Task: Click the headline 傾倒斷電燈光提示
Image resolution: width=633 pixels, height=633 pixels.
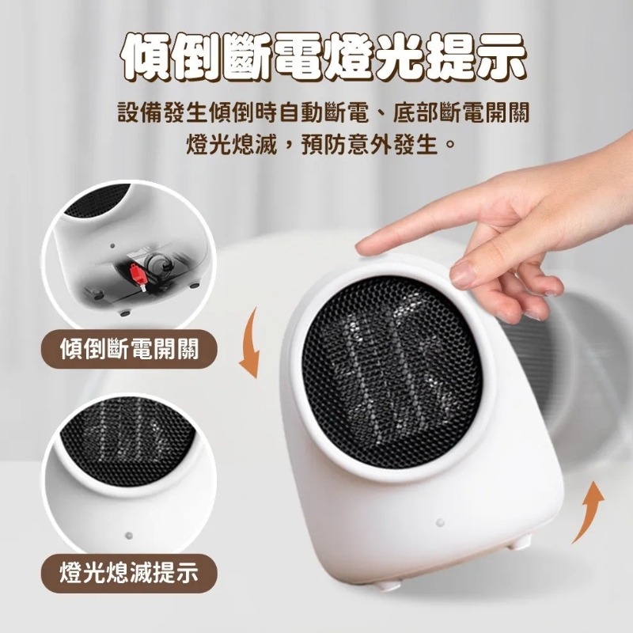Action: click(316, 57)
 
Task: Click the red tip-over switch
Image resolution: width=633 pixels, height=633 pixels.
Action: click(135, 273)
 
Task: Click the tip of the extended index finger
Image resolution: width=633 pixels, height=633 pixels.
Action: click(365, 247)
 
